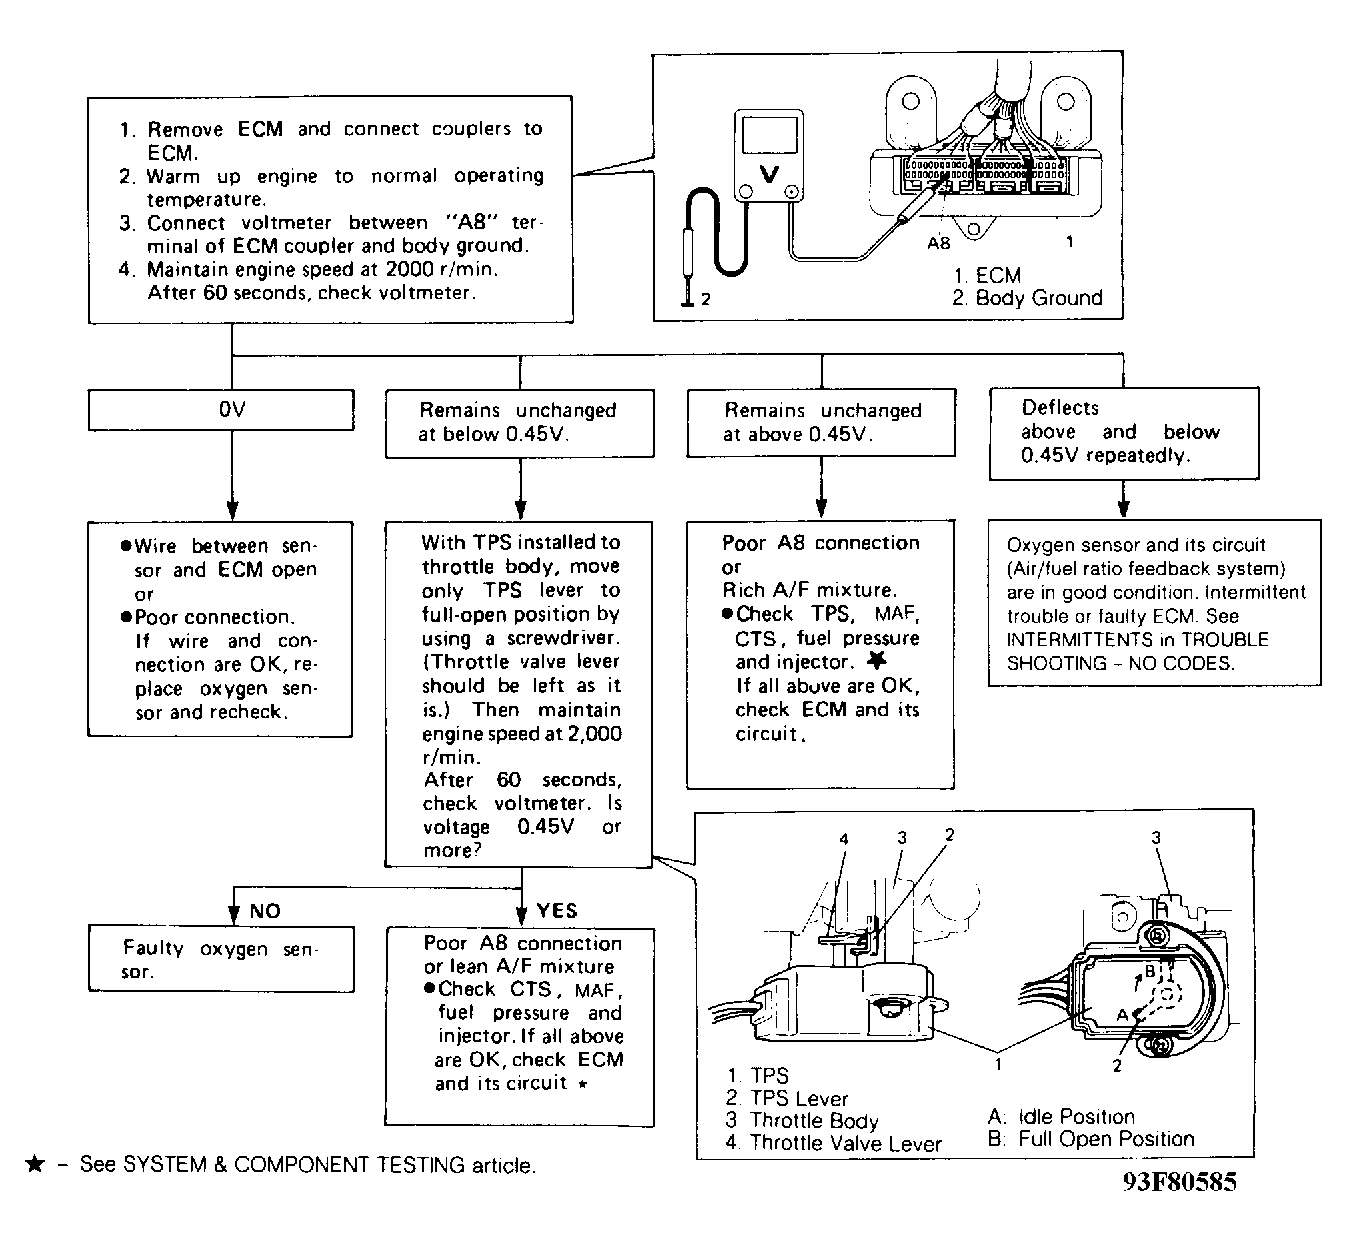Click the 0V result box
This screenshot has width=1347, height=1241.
(221, 409)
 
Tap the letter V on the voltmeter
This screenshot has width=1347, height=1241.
(769, 174)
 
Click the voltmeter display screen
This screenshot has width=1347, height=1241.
(769, 136)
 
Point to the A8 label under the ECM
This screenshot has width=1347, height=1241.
(938, 244)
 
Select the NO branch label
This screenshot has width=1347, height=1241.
(265, 911)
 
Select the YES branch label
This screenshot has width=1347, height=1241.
(557, 910)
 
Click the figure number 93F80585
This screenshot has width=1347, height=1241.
(1179, 1201)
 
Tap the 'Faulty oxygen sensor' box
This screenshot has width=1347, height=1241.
(221, 959)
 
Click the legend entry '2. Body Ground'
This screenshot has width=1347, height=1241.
(1027, 298)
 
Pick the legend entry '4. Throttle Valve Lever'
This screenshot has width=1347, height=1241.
(834, 1143)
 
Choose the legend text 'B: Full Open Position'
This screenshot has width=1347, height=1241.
(1091, 1139)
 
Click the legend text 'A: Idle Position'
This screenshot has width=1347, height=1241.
(1062, 1116)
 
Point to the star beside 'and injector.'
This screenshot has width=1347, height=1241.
(877, 661)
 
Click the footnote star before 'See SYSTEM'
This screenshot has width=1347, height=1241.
(34, 1164)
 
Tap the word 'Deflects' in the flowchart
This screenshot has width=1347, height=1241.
(1060, 407)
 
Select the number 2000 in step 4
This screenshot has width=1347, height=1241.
(409, 269)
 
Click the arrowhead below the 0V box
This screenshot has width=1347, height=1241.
(232, 511)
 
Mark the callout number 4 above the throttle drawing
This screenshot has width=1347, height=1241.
(844, 839)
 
